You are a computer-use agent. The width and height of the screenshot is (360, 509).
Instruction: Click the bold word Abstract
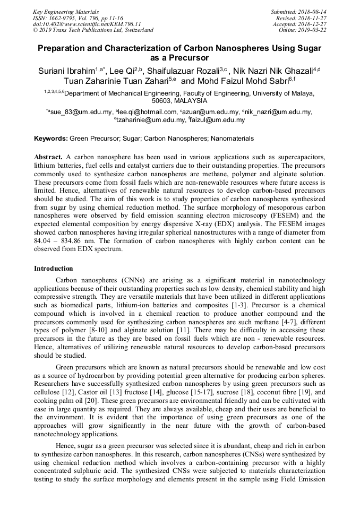pyautogui.click(x=48, y=158)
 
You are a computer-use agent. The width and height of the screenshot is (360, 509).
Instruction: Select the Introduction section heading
pyautogui.click(x=54, y=269)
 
